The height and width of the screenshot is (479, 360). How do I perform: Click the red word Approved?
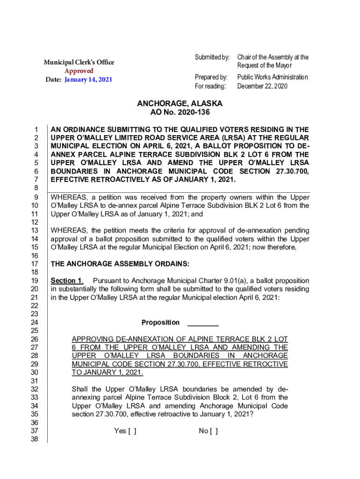[79, 71]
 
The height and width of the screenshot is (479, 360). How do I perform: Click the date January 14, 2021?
[88, 79]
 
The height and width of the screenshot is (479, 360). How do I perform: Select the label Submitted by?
[212, 57]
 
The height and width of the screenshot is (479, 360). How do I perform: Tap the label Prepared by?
[211, 77]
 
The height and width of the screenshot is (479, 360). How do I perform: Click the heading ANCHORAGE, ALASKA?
[180, 103]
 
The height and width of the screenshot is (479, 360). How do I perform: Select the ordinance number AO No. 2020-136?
[180, 112]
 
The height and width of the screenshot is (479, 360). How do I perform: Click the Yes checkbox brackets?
[131, 431]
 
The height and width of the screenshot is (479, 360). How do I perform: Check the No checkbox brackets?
[213, 431]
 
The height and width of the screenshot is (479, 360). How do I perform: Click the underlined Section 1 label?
[66, 281]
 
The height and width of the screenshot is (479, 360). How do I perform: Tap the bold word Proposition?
[160, 322]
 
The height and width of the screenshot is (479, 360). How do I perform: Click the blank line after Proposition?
[203, 323]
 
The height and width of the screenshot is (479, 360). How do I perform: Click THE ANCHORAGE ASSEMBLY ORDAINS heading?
[120, 264]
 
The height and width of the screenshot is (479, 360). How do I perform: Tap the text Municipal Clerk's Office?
[79, 62]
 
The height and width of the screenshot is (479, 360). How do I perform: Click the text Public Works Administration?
[273, 77]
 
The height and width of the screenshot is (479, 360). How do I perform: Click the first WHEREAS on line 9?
[69, 197]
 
